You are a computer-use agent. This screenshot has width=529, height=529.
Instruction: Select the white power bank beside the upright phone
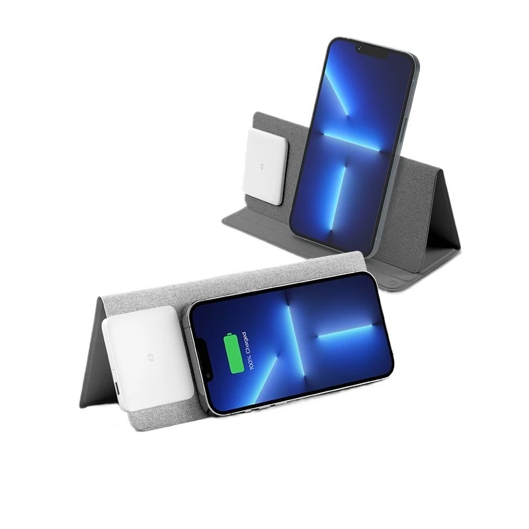pyautogui.click(x=264, y=165)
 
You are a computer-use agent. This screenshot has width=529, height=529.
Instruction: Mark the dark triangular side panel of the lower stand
pyautogui.click(x=93, y=360)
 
